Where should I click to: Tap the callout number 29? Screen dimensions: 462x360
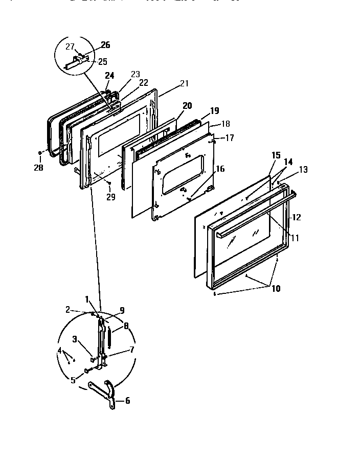click(x=110, y=197)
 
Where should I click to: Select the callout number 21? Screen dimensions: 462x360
click(x=184, y=84)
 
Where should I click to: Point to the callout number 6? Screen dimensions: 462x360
click(x=127, y=401)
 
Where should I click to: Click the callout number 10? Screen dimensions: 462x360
click(x=276, y=289)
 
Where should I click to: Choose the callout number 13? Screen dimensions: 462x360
click(x=304, y=170)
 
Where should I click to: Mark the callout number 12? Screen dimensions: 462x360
click(x=297, y=217)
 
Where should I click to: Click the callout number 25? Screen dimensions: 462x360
click(x=103, y=61)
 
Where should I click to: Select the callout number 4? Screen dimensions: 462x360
click(x=60, y=351)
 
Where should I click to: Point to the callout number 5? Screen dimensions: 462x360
click(x=74, y=380)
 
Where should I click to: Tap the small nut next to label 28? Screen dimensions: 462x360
click(x=40, y=153)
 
